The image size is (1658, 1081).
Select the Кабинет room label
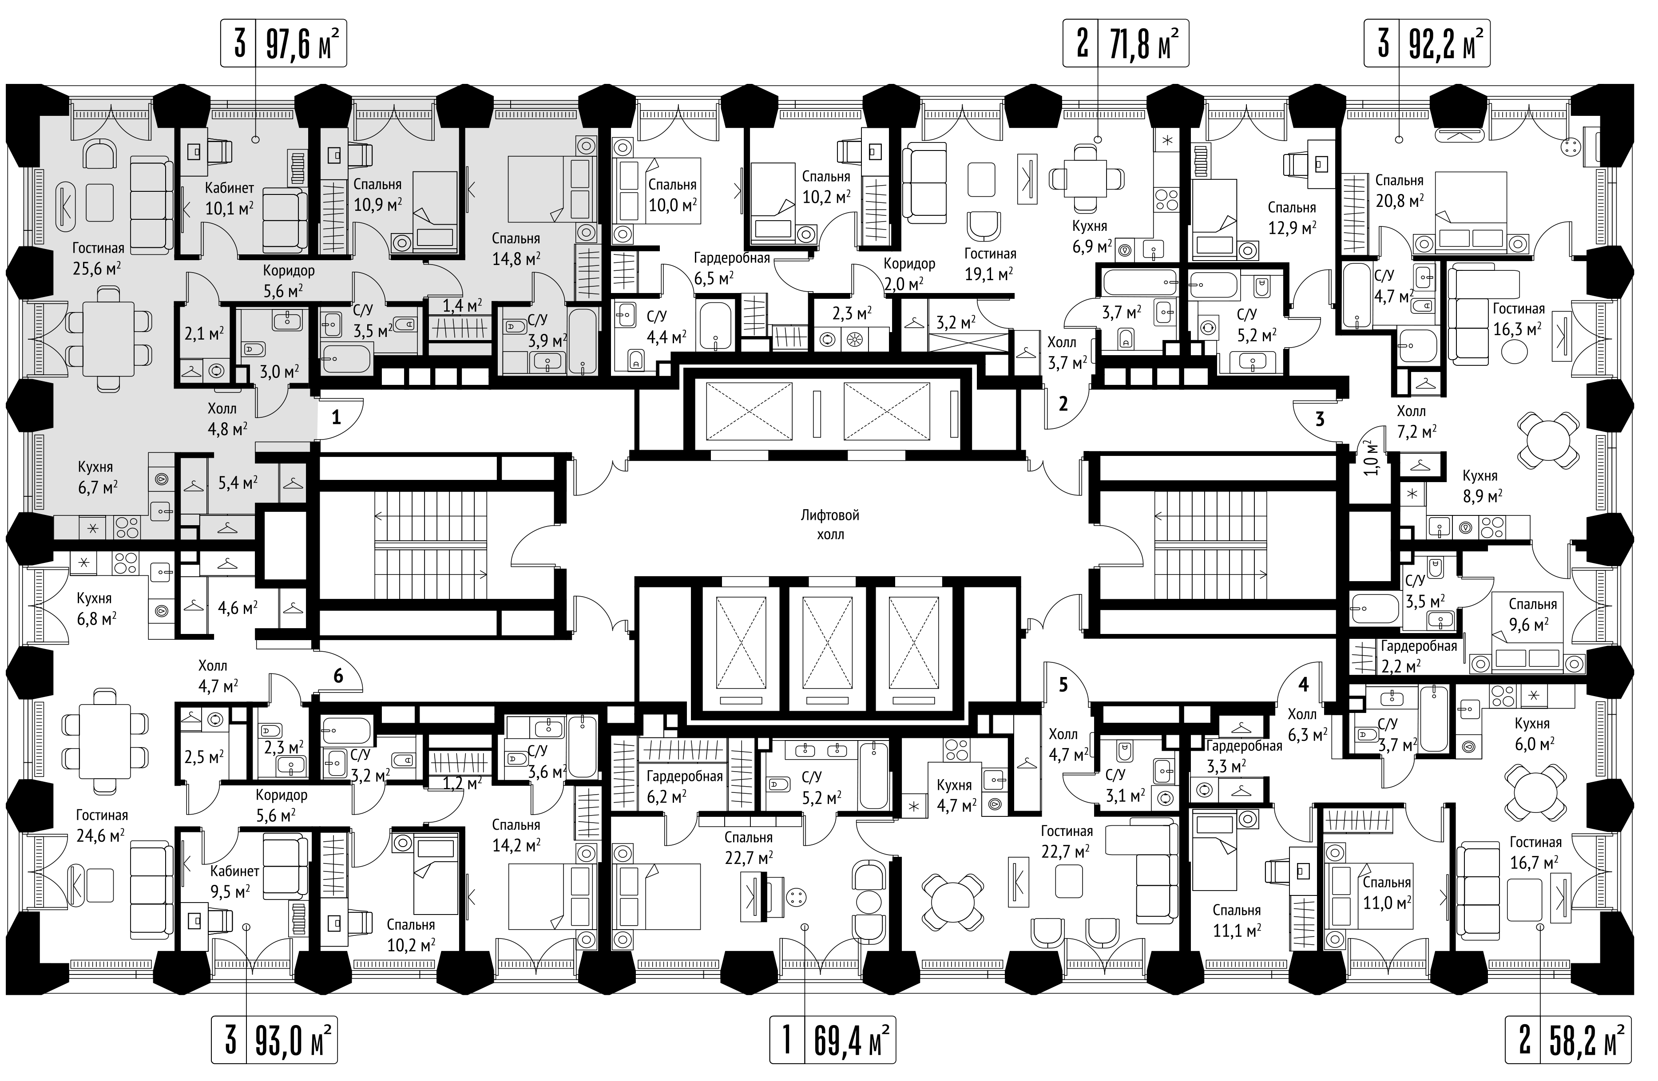tap(229, 188)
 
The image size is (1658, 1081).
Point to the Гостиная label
tap(98, 249)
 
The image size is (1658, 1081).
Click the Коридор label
tap(289, 270)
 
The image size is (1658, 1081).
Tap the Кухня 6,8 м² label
tap(95, 608)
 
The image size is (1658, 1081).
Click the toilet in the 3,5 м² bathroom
tap(405, 324)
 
